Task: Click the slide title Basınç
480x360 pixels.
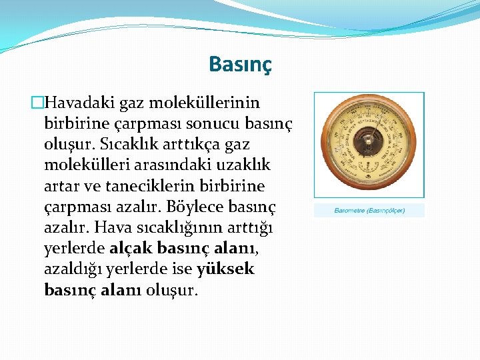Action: (240, 64)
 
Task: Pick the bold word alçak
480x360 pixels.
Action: (131, 249)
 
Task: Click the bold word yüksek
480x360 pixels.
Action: (226, 269)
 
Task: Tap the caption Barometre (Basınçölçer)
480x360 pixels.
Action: (369, 211)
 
